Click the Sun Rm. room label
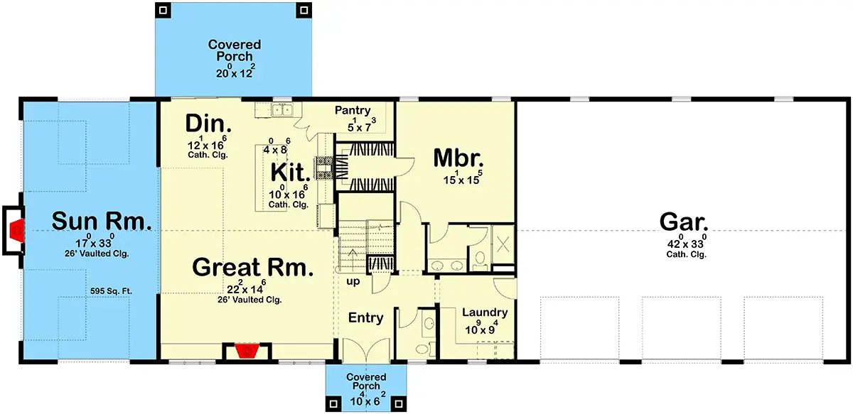[x=102, y=222]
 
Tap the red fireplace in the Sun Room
[x=18, y=230]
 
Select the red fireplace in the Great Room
[x=247, y=351]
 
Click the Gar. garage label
[x=684, y=222]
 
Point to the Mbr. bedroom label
[x=458, y=158]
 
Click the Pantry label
[x=353, y=110]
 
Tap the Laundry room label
[x=485, y=312]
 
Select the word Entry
[x=365, y=317]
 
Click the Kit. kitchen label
[x=290, y=173]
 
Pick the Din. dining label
[x=208, y=124]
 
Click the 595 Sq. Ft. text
[x=111, y=291]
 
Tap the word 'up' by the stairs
[x=353, y=282]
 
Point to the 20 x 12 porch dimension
[x=235, y=71]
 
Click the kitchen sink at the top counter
[x=281, y=110]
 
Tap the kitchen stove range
[x=324, y=168]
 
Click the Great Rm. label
[x=253, y=267]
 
